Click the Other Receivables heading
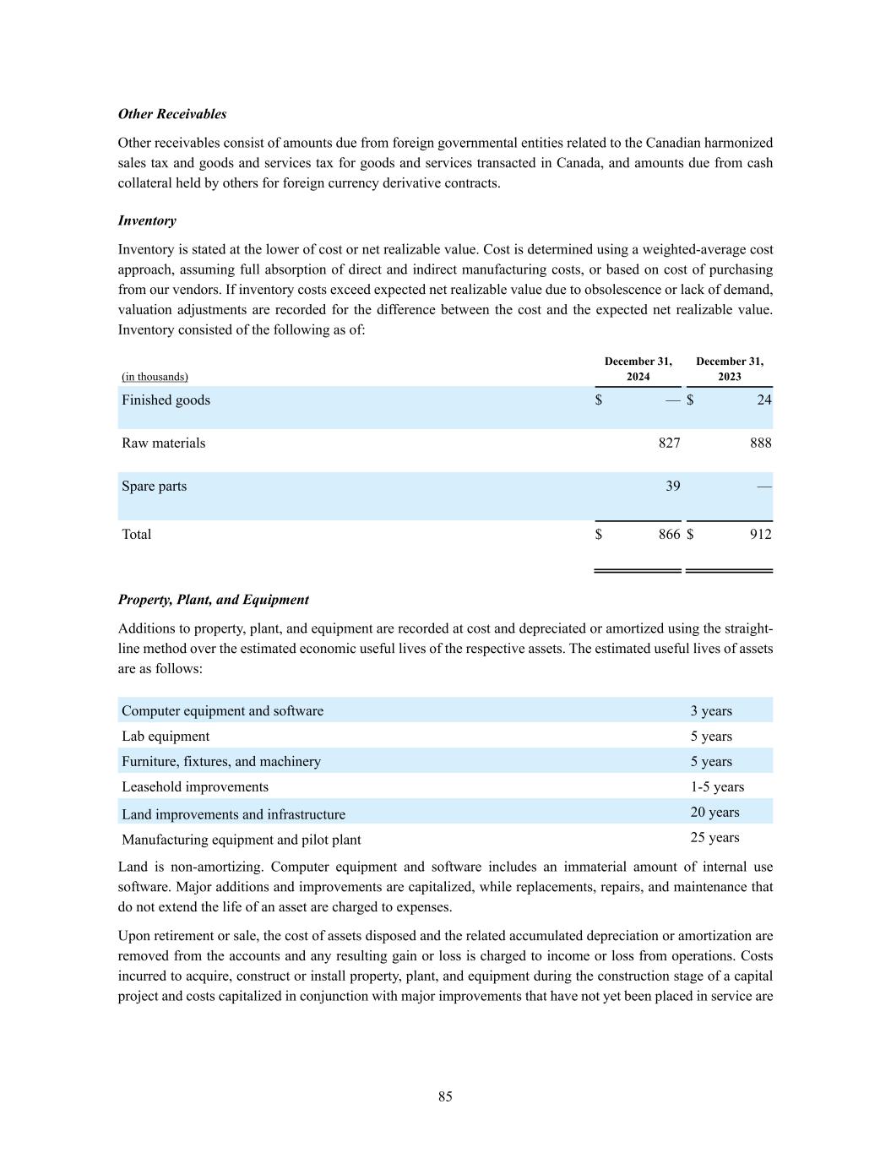[x=172, y=114]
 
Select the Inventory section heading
[x=147, y=220]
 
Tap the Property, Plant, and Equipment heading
[x=213, y=600]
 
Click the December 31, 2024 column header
[x=638, y=369]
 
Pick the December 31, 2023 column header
[x=730, y=369]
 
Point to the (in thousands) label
[x=155, y=377]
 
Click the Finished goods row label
[x=166, y=400]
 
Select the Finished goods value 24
[x=763, y=400]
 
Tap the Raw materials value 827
[x=669, y=443]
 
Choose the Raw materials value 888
[x=760, y=443]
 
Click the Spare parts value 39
[x=672, y=487]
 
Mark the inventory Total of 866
[x=669, y=534]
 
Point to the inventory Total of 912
[x=760, y=534]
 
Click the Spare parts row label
[x=154, y=487]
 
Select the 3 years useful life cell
[x=711, y=711]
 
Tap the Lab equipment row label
[x=166, y=737]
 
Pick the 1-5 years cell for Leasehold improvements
[x=717, y=787]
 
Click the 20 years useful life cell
[x=714, y=813]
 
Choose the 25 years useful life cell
[x=714, y=838]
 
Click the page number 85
[x=445, y=1096]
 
